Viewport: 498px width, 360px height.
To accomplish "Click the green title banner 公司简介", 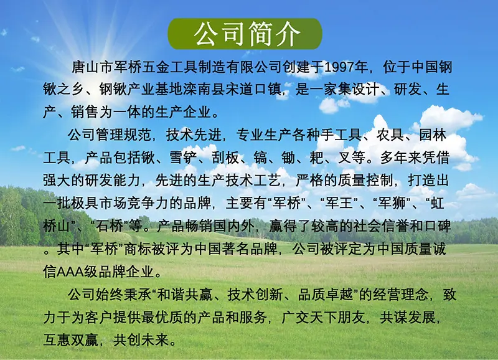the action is pyautogui.click(x=245, y=34).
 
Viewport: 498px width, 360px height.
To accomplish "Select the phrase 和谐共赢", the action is pyautogui.click(x=185, y=295).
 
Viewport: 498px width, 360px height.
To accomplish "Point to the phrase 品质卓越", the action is pyautogui.click(x=326, y=295).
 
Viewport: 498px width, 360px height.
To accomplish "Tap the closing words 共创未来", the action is pyautogui.click(x=141, y=340).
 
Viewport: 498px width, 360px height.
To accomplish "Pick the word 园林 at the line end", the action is pyautogui.click(x=433, y=135).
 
